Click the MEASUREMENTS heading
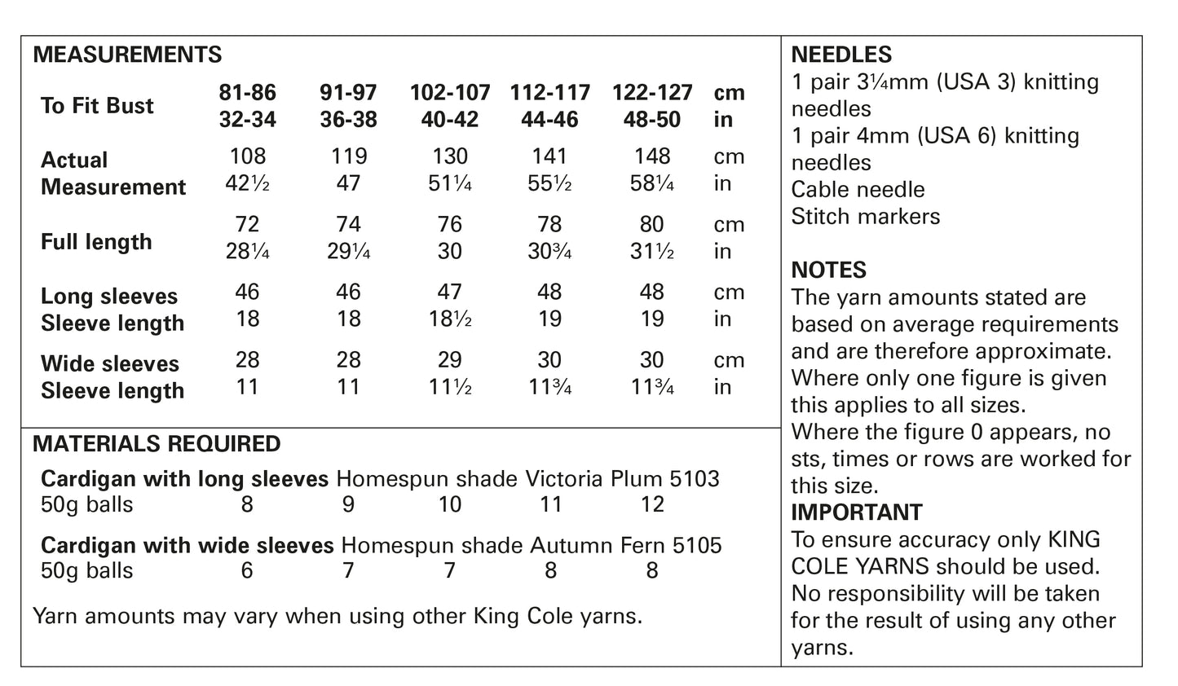pyautogui.click(x=127, y=55)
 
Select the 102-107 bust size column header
pyautogui.click(x=450, y=93)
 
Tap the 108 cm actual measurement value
pyautogui.click(x=247, y=156)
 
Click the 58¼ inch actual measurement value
pyautogui.click(x=652, y=184)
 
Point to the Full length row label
pyautogui.click(x=96, y=242)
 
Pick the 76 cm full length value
pyautogui.click(x=450, y=224)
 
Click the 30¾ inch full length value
pyautogui.click(x=550, y=252)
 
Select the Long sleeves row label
pyautogui.click(x=109, y=297)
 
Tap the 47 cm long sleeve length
pyautogui.click(x=450, y=292)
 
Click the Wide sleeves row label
pyautogui.click(x=110, y=364)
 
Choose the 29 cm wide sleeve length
pyautogui.click(x=450, y=359)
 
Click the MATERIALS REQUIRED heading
pyautogui.click(x=157, y=444)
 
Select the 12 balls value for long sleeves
pyautogui.click(x=652, y=505)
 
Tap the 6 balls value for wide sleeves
pyautogui.click(x=247, y=571)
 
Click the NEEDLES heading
pyautogui.click(x=841, y=55)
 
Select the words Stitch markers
pyautogui.click(x=865, y=217)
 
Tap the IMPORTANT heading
pyautogui.click(x=857, y=512)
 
